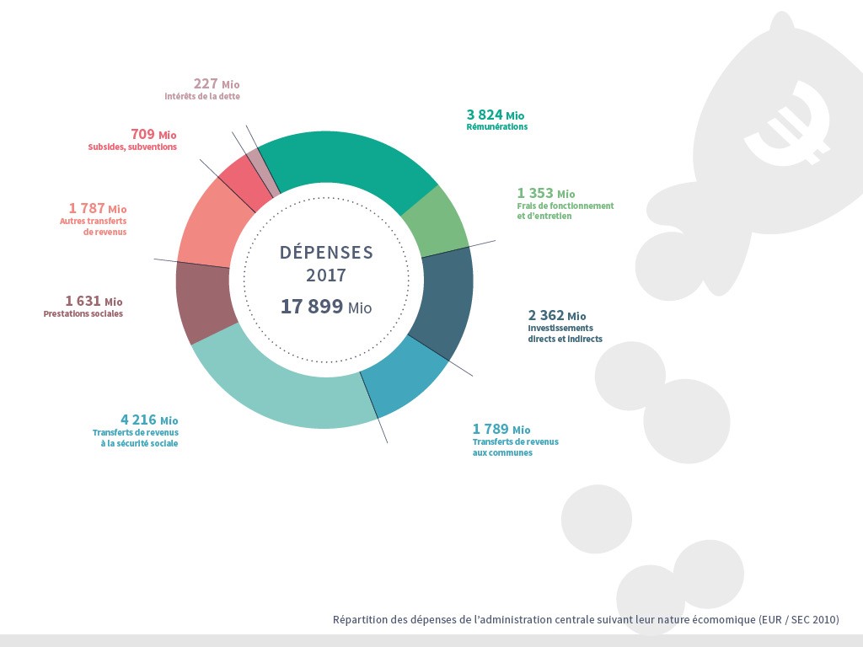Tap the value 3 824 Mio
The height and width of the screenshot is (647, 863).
click(x=496, y=115)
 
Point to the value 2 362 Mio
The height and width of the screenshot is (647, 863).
click(x=556, y=316)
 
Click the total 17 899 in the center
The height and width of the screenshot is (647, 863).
click(x=312, y=307)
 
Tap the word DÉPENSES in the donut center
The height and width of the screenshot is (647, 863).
click(x=326, y=252)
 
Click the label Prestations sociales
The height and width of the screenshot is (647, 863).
click(x=83, y=314)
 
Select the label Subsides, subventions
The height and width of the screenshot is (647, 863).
click(x=132, y=147)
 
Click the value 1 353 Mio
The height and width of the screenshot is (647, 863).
click(x=546, y=194)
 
